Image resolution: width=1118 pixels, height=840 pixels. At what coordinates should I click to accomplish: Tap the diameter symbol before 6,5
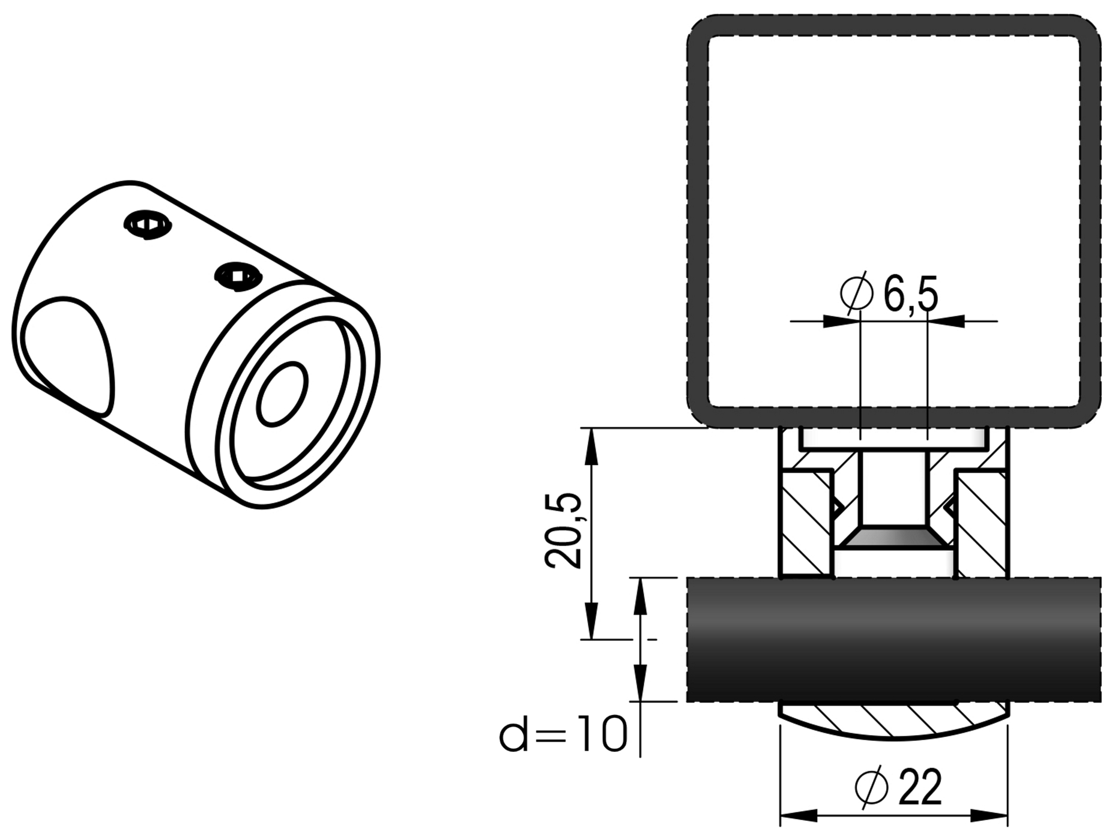point(857,293)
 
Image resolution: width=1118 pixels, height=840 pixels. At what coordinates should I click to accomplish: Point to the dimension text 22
point(920,788)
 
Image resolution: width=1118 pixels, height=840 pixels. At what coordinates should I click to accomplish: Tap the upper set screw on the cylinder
point(148,225)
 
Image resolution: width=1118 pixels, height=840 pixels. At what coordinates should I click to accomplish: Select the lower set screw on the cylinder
point(238,276)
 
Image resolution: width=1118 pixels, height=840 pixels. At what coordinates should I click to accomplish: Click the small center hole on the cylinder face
point(282,394)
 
